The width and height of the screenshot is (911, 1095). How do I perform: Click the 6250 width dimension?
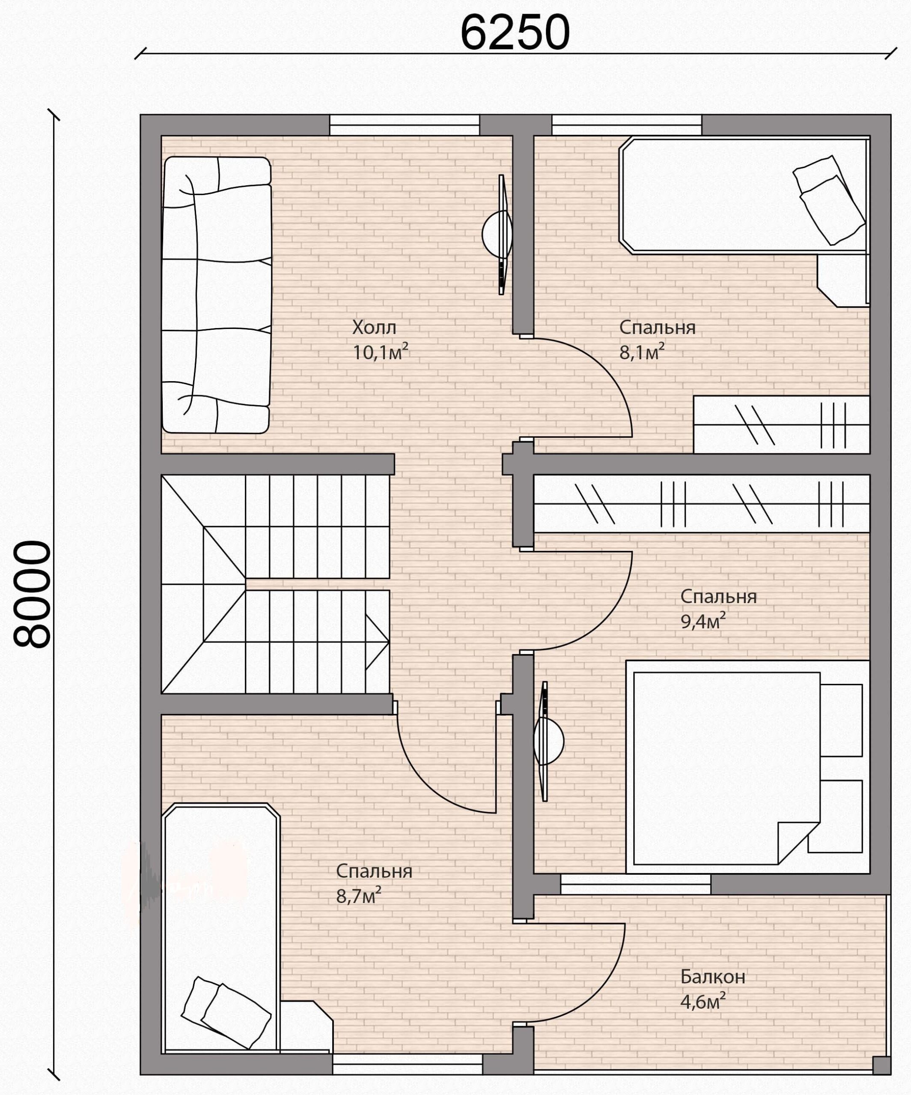515,33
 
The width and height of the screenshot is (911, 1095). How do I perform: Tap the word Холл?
374,328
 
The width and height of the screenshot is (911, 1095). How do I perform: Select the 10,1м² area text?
380,352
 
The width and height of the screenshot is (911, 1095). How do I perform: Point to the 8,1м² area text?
642,352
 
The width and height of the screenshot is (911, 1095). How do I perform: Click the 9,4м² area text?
703,621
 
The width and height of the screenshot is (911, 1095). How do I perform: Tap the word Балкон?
713,977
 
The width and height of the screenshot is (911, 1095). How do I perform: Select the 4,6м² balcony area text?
703,1001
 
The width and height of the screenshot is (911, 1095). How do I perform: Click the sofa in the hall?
217,295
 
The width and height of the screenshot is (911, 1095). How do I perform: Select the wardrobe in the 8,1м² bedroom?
781,424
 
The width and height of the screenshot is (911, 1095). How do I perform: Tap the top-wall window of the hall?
405,125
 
